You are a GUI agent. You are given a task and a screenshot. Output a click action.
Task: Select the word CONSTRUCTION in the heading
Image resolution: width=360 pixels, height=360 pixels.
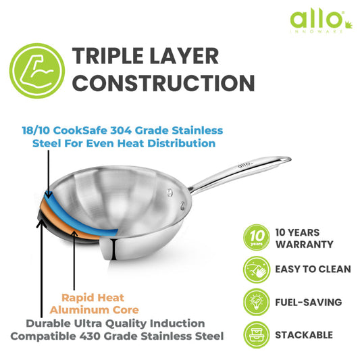[x=163, y=84]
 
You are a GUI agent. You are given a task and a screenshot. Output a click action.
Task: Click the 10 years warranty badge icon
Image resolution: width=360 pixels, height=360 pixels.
[x=255, y=237]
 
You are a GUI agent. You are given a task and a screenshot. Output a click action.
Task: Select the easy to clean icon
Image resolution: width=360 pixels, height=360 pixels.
[x=255, y=269]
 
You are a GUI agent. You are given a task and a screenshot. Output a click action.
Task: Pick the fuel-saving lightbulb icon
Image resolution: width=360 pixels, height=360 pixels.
[x=255, y=302]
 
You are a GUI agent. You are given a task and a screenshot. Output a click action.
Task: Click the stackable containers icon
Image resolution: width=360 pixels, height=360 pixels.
[x=255, y=334]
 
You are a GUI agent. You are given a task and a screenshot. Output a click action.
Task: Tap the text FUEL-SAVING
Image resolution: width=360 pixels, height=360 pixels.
[x=308, y=302]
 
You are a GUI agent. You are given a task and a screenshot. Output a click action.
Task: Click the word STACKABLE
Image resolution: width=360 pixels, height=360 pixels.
[x=304, y=334]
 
